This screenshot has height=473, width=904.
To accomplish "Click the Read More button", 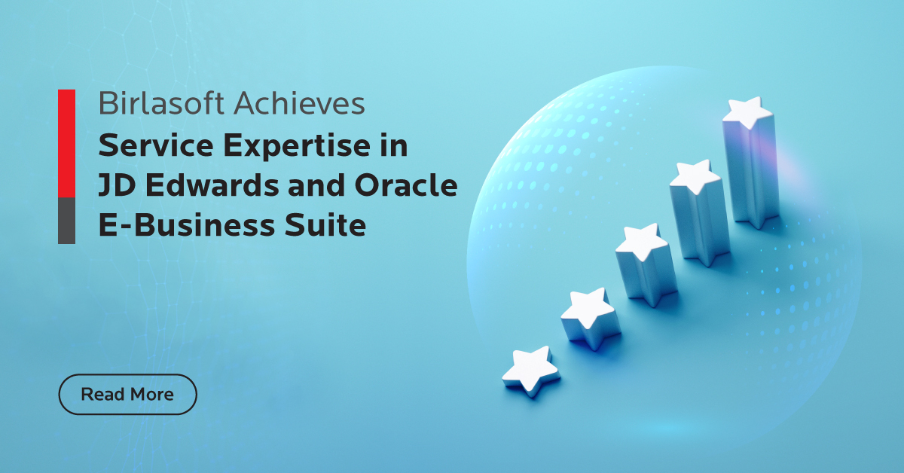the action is pos(127,395).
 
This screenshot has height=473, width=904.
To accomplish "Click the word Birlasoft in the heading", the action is pos(161,103).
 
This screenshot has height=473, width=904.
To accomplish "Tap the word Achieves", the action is pos(300,103).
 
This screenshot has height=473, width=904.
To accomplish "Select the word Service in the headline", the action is pos(156,145).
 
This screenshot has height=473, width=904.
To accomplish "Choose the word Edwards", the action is pos(212,185).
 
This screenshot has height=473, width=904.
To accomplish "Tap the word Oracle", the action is pos(406,185).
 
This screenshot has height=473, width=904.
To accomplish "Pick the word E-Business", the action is pos(187,225).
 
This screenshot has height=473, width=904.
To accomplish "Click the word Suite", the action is pos(325,225).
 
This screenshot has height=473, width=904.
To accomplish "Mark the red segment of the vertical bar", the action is pos(66,143).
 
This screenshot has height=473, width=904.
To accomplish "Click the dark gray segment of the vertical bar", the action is pos(66,221).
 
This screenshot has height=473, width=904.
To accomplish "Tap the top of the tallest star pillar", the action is pos(748,111).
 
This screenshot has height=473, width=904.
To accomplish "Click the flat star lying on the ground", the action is pos(530,371).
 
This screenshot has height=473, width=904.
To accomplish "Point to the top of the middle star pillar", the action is pos(642,240).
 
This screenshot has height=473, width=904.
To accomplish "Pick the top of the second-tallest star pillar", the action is pos(695,176).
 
